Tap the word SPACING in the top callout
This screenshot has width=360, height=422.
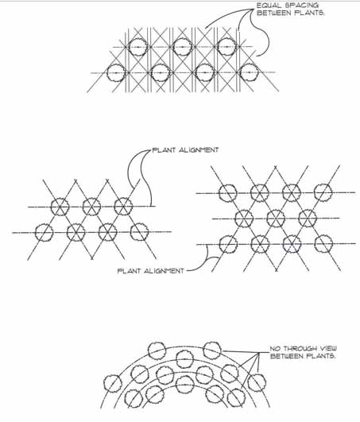(302, 6)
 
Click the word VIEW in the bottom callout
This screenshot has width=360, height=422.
(328, 349)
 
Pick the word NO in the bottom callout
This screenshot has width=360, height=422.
(275, 349)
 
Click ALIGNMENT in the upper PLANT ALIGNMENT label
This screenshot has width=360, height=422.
(199, 150)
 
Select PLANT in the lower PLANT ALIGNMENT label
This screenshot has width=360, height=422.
(130, 271)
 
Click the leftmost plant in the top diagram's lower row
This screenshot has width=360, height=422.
(116, 72)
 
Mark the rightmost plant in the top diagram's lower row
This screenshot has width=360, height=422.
(250, 72)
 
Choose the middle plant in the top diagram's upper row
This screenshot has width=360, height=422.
(183, 47)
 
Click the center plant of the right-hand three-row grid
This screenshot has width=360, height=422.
(276, 218)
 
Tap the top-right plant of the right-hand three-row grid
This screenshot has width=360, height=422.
(323, 192)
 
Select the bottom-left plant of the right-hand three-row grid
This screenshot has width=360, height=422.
(228, 244)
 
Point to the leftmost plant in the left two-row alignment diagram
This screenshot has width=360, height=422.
(45, 232)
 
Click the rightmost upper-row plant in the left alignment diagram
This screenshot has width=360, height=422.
(123, 207)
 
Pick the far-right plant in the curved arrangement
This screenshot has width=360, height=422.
(257, 383)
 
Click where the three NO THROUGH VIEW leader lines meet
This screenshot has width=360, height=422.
(259, 353)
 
